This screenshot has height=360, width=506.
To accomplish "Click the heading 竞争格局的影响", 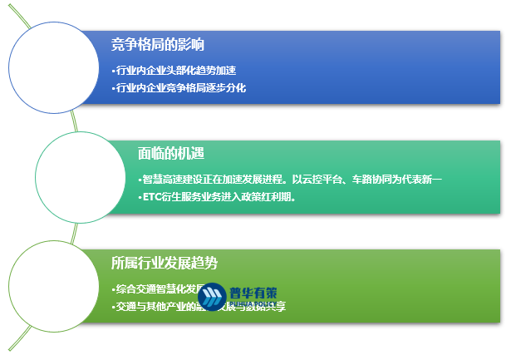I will [x=157, y=44].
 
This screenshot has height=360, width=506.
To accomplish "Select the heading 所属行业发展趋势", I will [x=164, y=263].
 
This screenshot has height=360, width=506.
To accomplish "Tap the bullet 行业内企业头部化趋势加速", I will [x=179, y=70].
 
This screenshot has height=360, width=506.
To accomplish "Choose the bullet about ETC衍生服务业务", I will [x=219, y=198].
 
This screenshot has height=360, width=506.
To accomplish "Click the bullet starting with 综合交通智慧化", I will [x=158, y=289].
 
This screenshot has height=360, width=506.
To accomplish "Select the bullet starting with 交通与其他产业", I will [x=199, y=307].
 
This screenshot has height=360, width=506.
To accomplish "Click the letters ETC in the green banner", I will [x=152, y=198].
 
